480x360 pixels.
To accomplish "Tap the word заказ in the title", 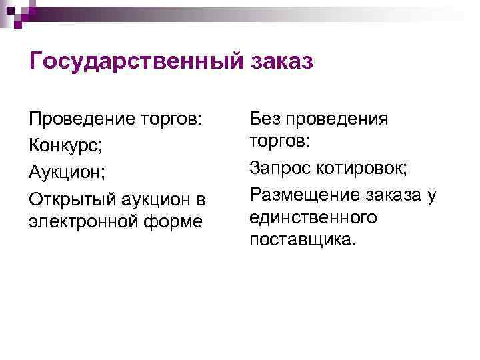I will pos(281,62).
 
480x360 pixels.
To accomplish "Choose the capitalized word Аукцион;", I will pos(67,172).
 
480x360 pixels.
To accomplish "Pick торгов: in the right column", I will pos(278,141).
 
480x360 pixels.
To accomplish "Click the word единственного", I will pos(313,217).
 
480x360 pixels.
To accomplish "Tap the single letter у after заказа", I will pos(432,195).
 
